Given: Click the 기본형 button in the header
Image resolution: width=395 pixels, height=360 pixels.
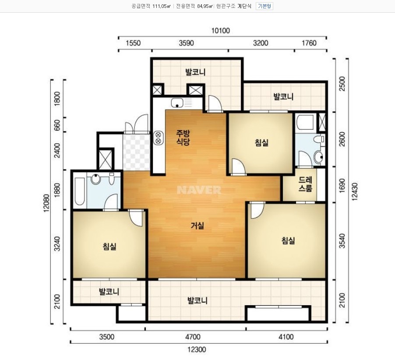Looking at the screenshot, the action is point(264,6).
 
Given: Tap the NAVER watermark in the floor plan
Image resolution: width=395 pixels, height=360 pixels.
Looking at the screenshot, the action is point(199,190).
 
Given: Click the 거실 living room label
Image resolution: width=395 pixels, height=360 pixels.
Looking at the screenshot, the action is point(197,226).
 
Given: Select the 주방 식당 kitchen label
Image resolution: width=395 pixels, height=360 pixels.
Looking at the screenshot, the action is point(183,138).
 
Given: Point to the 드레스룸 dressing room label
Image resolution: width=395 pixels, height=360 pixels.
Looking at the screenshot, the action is point(305,184).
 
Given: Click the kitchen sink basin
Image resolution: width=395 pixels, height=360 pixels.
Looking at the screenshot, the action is point(177,103).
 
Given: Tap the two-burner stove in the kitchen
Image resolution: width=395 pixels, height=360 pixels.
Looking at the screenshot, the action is point(158,138).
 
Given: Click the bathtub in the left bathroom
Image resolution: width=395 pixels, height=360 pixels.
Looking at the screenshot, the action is point(80,191).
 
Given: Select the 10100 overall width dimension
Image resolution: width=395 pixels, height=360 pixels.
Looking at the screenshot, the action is point(221,31).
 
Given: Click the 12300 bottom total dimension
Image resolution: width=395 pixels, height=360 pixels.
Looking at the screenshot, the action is point(197,349).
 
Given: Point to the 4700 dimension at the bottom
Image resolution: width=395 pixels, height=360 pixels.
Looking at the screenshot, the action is point(193,337).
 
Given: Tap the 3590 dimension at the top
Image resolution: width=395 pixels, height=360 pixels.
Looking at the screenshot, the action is point(187,43).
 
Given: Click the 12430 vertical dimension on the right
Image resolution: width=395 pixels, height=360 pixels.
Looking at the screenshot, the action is point(355,192).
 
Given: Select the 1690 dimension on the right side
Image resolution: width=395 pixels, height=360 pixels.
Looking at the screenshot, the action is point(342,185).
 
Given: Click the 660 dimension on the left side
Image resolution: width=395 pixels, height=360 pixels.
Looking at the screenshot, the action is point(57,125).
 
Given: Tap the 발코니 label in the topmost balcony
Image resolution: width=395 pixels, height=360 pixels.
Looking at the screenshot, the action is point(195,72).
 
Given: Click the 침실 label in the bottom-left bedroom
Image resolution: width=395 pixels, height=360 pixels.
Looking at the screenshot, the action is point(109,246).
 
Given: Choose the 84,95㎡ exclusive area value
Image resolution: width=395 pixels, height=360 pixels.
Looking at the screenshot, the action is point(205,6).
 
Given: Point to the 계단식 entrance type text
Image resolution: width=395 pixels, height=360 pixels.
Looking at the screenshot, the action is point(244,6).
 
